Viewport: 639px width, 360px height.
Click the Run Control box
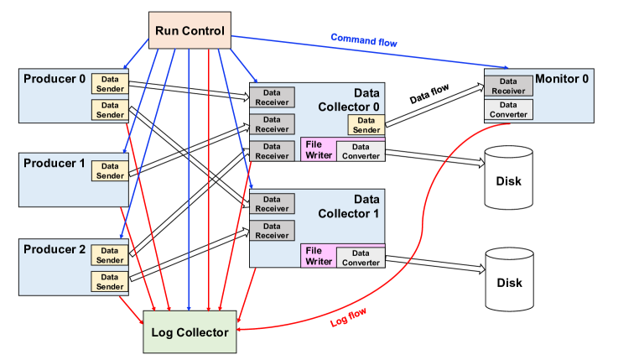tap(190, 31)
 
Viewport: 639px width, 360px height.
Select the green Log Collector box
tap(190, 332)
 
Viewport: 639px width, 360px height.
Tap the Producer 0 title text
tap(55, 81)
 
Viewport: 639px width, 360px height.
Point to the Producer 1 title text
tap(55, 164)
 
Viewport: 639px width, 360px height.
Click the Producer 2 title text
tap(55, 249)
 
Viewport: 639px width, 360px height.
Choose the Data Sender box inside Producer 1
tap(110, 170)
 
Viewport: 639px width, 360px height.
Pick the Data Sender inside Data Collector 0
tap(366, 125)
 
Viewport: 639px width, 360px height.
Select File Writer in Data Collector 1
tap(318, 256)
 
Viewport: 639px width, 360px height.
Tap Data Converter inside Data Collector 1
tap(361, 258)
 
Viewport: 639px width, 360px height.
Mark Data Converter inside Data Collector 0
tap(361, 152)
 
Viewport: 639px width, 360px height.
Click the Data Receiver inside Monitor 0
tap(508, 86)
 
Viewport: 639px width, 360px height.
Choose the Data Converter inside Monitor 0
tap(508, 109)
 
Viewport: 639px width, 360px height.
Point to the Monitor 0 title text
tap(562, 79)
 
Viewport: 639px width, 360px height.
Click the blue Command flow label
tap(364, 39)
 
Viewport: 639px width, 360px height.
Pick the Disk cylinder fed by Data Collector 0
tap(509, 180)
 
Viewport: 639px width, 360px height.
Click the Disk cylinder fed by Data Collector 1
tap(509, 282)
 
